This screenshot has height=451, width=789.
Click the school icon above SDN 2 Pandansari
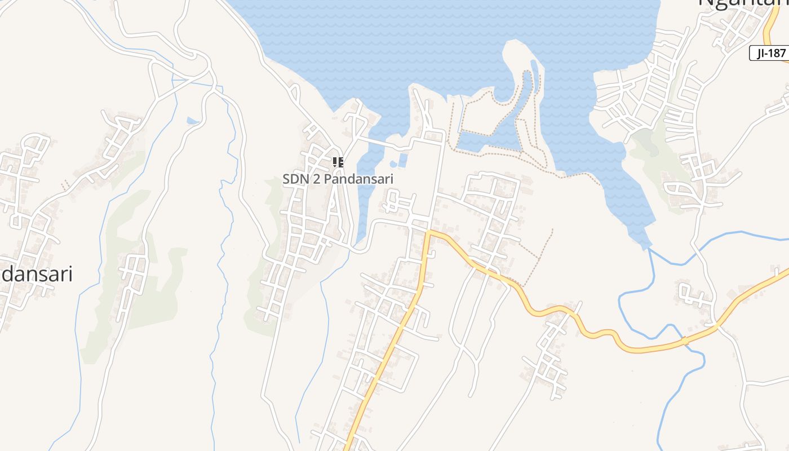tap(338, 163)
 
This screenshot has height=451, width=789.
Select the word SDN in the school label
tap(294, 179)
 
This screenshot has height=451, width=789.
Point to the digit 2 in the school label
tap(316, 179)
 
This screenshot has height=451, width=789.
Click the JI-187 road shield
tap(768, 54)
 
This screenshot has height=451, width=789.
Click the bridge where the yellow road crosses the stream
tap(684, 342)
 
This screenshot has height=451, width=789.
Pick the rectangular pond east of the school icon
tap(402, 160)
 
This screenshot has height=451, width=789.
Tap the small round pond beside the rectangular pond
tap(393, 164)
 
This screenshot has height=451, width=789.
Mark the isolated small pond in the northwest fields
tap(193, 121)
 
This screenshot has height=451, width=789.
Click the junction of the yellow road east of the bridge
tap(717, 325)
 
